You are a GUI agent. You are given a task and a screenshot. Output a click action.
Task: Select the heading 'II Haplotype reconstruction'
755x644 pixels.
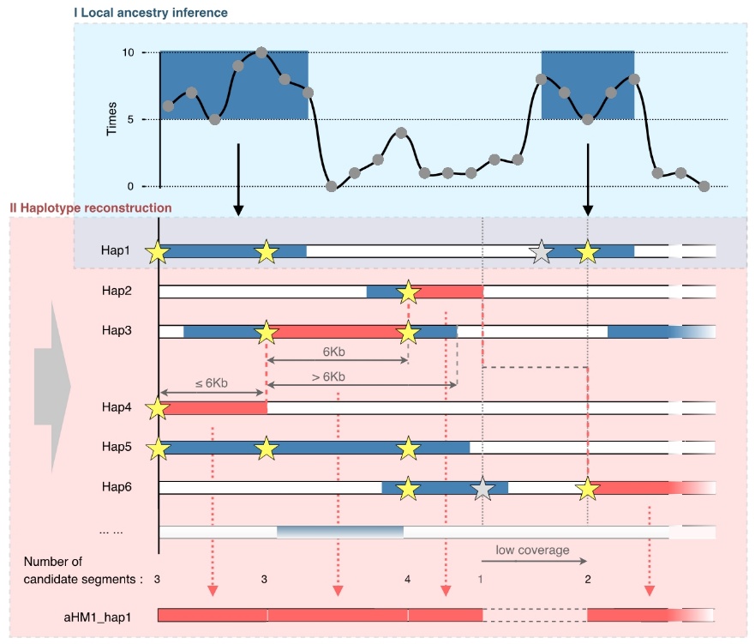pyautogui.click(x=90, y=208)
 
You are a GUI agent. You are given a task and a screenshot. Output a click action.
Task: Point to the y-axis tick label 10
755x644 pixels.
pyautogui.click(x=129, y=53)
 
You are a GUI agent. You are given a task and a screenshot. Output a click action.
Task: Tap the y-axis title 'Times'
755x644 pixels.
pyautogui.click(x=111, y=119)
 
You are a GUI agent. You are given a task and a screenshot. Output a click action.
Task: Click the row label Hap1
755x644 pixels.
pyautogui.click(x=114, y=251)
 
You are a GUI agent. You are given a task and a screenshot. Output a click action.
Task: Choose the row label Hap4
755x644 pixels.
pyautogui.click(x=114, y=409)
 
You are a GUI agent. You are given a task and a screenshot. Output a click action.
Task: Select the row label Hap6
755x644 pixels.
pyautogui.click(x=114, y=487)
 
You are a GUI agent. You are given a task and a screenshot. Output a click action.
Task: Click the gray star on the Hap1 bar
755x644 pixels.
pyautogui.click(x=540, y=252)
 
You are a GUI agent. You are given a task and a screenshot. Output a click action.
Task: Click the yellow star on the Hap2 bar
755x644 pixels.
pyautogui.click(x=409, y=292)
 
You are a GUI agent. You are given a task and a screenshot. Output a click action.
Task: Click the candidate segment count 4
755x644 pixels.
pyautogui.click(x=407, y=580)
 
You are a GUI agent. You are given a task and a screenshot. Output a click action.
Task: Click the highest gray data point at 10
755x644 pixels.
pyautogui.click(x=261, y=52)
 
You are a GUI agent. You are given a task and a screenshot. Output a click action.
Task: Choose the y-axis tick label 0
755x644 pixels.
pyautogui.click(x=131, y=186)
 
